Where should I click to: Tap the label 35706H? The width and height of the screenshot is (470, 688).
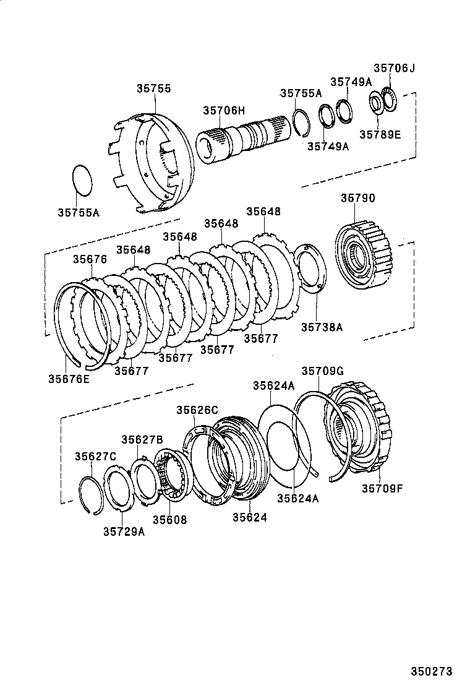click(x=223, y=111)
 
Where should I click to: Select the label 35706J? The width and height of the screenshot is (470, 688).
click(x=394, y=68)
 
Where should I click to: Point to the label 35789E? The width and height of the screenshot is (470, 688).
click(x=380, y=133)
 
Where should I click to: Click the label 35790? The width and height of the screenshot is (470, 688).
click(x=357, y=198)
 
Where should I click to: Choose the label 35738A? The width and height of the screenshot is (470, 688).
click(x=322, y=327)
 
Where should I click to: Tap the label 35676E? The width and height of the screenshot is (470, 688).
click(x=69, y=378)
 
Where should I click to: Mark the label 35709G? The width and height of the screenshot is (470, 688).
click(x=322, y=371)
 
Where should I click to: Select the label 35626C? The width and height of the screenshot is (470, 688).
click(x=197, y=410)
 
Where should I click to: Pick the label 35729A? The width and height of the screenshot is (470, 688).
click(x=124, y=531)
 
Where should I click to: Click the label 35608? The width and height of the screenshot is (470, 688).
click(x=170, y=520)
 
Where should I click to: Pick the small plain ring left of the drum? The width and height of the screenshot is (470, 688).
click(x=83, y=180)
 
